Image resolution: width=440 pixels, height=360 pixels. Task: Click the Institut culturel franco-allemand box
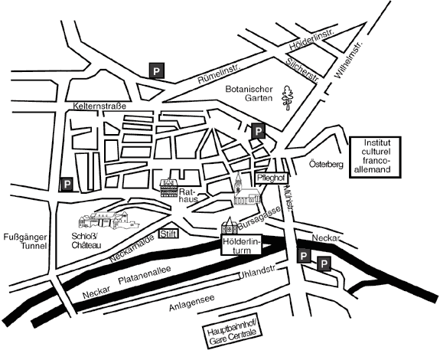click(x=375, y=157)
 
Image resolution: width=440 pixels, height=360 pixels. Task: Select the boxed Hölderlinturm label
click(x=242, y=244)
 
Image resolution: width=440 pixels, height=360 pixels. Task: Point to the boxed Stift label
click(x=168, y=234)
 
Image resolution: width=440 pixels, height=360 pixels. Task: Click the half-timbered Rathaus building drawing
click(x=169, y=188)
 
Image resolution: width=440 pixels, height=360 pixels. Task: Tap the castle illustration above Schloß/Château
click(x=109, y=221)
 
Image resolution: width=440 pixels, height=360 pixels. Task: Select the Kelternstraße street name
click(x=99, y=106)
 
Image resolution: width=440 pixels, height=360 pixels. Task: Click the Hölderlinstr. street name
click(x=312, y=39)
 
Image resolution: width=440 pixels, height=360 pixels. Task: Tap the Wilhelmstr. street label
click(x=350, y=61)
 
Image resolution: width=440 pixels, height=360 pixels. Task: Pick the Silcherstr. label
click(x=302, y=70)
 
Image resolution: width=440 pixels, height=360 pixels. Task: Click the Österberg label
click(x=326, y=164)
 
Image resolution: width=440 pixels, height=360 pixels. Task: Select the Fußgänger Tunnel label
click(x=25, y=242)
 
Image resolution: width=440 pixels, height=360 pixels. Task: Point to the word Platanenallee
click(x=145, y=275)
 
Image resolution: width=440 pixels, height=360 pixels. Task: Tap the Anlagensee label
click(x=192, y=303)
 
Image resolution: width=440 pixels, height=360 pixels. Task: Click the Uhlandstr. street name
click(x=257, y=273)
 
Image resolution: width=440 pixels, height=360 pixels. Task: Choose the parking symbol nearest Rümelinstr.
click(x=156, y=70)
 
